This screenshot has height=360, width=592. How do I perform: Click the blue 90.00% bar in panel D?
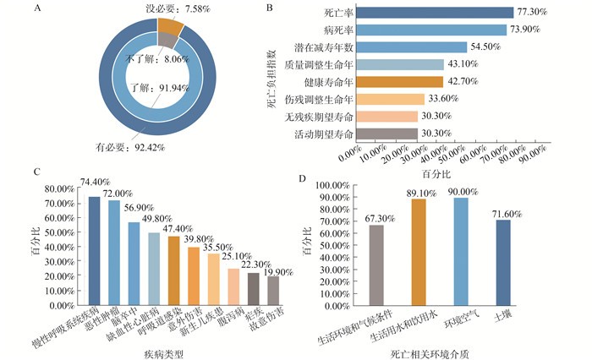[461, 249]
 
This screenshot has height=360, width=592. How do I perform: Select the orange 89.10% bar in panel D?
[419, 250]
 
